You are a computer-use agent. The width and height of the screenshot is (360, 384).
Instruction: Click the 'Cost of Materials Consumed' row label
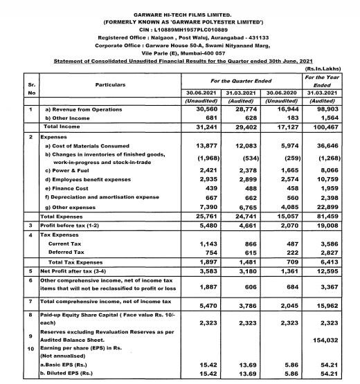pos(87,146)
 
